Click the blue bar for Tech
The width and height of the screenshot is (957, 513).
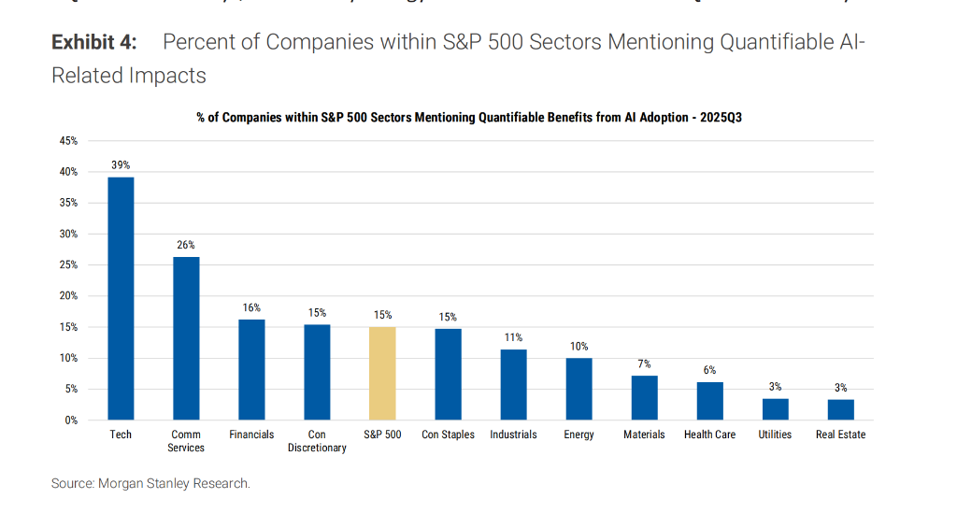coord(121,298)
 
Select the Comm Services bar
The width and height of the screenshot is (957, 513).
coord(186,338)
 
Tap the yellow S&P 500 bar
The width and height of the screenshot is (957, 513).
coord(382,373)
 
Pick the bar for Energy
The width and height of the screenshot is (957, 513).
coord(578,389)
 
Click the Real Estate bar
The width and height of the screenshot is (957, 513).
coord(840,409)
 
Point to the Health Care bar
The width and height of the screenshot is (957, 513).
coord(709,401)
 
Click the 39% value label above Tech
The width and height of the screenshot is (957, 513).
coord(121,165)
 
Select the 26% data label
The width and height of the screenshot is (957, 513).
coord(186,245)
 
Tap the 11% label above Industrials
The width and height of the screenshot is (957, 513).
coord(513,337)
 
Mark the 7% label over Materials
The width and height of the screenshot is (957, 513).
coord(644,363)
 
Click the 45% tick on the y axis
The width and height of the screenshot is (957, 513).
coord(68,141)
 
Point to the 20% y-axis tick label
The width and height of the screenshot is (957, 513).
coord(68,296)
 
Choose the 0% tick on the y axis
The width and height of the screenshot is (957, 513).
coord(71,420)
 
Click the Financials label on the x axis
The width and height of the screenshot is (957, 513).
coord(251,435)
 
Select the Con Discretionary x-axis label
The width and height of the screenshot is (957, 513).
coord(317,441)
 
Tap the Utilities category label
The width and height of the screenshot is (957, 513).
coord(775,435)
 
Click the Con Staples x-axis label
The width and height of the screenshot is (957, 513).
coord(448,435)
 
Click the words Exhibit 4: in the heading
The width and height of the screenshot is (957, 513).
coord(93,42)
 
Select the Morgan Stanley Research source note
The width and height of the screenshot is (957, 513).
coord(150,483)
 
